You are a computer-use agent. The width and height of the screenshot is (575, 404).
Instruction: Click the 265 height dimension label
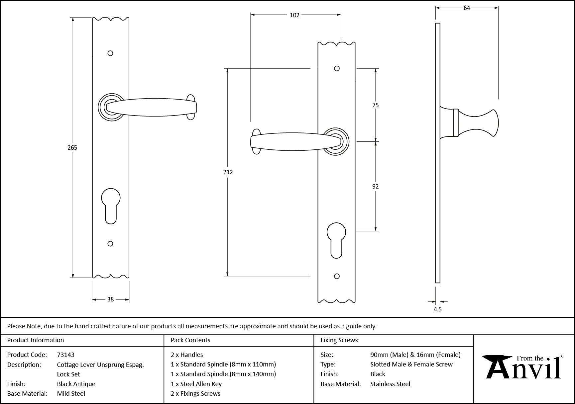[72, 148]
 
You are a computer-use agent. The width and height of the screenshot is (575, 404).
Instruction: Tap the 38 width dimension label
[110, 299]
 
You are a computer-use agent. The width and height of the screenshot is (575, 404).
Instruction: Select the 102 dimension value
[294, 15]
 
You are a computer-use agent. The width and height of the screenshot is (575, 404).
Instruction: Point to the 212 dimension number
[228, 172]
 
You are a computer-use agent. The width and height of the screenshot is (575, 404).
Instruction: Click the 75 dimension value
[375, 105]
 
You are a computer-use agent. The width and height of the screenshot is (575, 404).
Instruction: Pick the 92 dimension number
[375, 187]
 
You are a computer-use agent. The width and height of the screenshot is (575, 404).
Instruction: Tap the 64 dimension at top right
[467, 8]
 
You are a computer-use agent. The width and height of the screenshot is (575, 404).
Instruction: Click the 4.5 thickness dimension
[438, 309]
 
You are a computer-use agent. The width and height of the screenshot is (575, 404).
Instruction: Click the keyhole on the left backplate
[111, 205]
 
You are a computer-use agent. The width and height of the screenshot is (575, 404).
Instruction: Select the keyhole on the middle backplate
[336, 240]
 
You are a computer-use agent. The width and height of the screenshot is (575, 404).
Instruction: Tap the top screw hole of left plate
[110, 53]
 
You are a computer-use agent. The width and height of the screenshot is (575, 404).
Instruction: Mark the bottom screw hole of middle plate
[337, 276]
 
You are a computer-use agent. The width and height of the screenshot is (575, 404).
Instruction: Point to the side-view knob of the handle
[479, 123]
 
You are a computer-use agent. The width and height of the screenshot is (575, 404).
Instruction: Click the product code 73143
[66, 355]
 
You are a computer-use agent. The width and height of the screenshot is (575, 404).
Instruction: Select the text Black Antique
[76, 384]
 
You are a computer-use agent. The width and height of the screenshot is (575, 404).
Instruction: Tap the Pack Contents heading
[190, 340]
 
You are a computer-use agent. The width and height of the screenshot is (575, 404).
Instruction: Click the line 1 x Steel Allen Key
[196, 384]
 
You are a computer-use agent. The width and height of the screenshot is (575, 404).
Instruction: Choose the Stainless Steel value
[390, 384]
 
